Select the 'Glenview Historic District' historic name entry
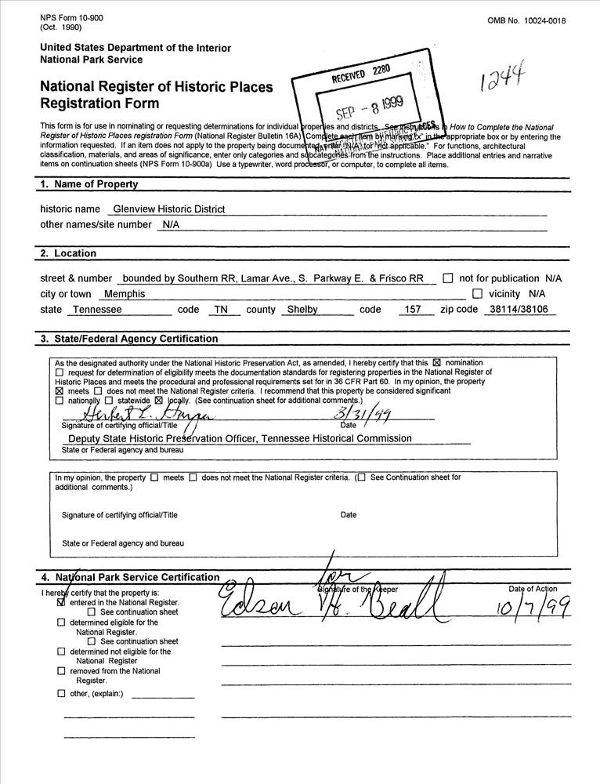pyautogui.click(x=168, y=209)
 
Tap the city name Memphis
pyautogui.click(x=125, y=294)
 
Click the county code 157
pyautogui.click(x=411, y=310)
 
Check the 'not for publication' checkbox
pyautogui.click(x=447, y=278)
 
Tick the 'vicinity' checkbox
pyautogui.click(x=477, y=294)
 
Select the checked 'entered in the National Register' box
pyautogui.click(x=62, y=603)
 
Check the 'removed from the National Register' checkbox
pyautogui.click(x=61, y=671)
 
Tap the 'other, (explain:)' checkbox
pyautogui.click(x=61, y=693)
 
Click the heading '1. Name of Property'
pyautogui.click(x=89, y=184)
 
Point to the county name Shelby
pyautogui.click(x=302, y=310)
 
